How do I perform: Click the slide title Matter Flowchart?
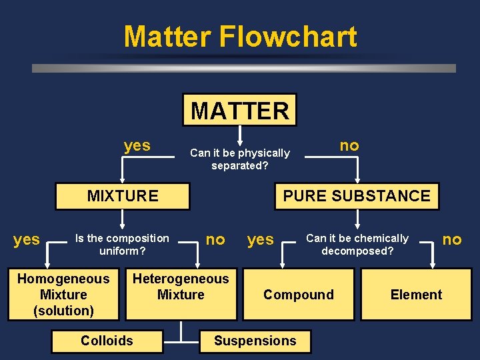(x=240, y=37)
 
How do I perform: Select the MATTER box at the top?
(x=240, y=110)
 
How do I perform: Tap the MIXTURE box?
(x=123, y=196)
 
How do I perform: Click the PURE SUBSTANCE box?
(x=357, y=196)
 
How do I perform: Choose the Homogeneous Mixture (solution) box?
(x=63, y=294)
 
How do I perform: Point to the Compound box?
(x=299, y=295)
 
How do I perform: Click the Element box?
(x=416, y=295)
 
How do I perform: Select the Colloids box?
(x=107, y=341)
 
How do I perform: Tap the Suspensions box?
(x=255, y=341)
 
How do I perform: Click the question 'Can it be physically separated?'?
(x=240, y=159)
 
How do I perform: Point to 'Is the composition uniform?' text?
(x=123, y=245)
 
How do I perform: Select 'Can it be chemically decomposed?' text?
(x=357, y=245)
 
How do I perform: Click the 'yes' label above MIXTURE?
(x=137, y=145)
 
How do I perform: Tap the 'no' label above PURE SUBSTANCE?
(x=349, y=145)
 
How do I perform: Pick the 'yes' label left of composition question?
(x=27, y=239)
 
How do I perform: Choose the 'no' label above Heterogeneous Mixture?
(x=215, y=239)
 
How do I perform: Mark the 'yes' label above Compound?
(x=261, y=239)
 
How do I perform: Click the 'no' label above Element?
(x=452, y=239)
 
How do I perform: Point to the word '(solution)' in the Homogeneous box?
(x=63, y=311)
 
